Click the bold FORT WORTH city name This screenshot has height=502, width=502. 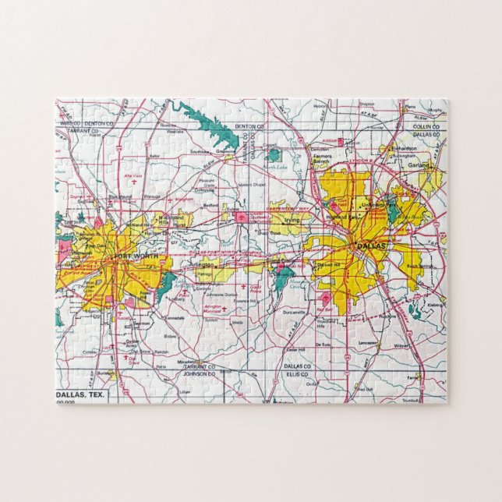point(135,256)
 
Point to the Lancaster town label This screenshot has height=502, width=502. point(369,341)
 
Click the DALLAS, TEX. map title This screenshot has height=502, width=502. point(82,396)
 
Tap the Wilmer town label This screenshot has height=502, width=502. point(402,345)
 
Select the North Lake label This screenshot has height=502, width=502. point(274,167)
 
